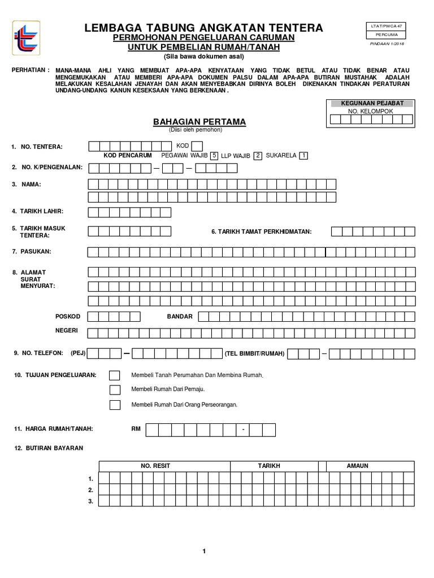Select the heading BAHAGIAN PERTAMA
click(192, 122)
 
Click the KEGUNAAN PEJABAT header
click(372, 103)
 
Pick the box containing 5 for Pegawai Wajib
click(214, 156)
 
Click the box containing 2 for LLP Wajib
click(257, 156)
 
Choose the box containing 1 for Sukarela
click(303, 156)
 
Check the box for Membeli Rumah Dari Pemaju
click(115, 389)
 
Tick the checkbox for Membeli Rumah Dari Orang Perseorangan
click(115, 405)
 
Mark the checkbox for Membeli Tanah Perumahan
click(115, 375)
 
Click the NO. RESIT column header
click(155, 466)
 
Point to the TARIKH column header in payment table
click(269, 466)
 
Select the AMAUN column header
click(357, 466)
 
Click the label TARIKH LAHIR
click(41, 211)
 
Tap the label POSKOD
click(67, 316)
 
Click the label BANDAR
click(180, 316)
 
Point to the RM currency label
click(136, 429)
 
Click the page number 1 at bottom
click(204, 551)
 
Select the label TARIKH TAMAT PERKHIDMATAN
click(261, 231)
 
